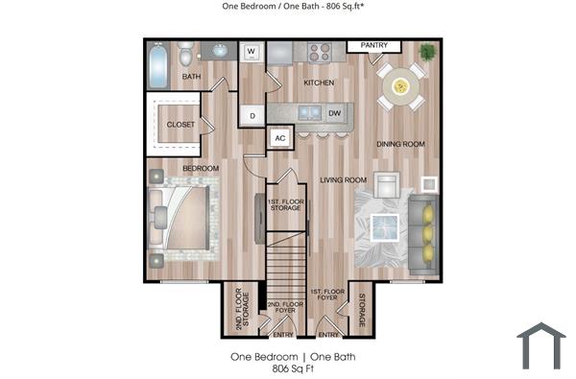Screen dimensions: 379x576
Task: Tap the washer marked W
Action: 252,52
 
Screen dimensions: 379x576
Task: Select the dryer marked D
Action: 252,115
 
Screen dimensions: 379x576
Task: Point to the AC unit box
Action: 280,138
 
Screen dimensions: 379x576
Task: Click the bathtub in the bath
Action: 157,63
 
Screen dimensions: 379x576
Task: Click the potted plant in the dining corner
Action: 426,51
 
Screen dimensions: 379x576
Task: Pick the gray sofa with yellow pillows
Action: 421,231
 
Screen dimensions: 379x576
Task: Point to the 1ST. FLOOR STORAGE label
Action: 287,203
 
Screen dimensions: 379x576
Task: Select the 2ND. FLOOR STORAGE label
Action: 239,312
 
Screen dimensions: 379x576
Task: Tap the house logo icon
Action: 540,345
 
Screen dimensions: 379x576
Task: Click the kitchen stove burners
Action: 319,52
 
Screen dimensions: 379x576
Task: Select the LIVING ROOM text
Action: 344,179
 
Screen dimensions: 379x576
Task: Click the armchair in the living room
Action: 387,185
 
